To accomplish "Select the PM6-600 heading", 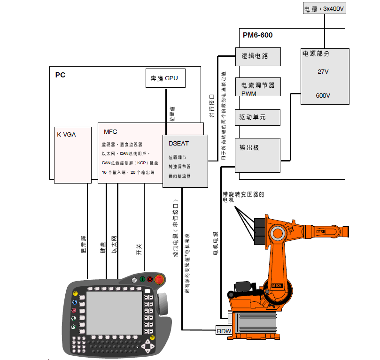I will point(257,35).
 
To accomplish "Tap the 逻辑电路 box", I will point(258,56).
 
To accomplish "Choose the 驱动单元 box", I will point(258,117).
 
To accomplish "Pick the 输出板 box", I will point(258,155).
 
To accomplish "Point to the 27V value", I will point(323,72).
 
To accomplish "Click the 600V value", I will point(323,95).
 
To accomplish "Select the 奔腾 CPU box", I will point(164,78).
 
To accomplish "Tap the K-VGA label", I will point(66,135).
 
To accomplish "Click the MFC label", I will point(110,132).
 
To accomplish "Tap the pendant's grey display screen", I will point(114,312).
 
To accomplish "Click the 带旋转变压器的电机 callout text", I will point(243,197).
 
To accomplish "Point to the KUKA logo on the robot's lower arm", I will point(278,285).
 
